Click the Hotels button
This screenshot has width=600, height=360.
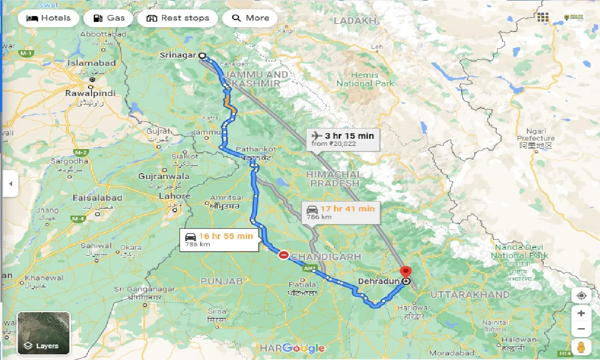pos(48,18)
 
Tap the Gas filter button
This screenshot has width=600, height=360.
pos(109,18)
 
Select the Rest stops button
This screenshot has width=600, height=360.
pos(177,18)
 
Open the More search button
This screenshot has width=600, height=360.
pos(250,18)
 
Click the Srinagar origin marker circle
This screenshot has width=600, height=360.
pos(202,55)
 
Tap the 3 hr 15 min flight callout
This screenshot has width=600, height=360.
pos(343,139)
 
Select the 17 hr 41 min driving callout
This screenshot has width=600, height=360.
pos(341,212)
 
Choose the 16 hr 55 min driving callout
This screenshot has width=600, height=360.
pos(218,240)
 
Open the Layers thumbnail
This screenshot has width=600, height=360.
pos(44,333)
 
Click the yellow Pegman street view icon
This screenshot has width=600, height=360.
pos(581,347)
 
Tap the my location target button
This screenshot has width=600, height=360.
pos(581,296)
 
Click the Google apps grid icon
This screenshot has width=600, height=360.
pos(543,17)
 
